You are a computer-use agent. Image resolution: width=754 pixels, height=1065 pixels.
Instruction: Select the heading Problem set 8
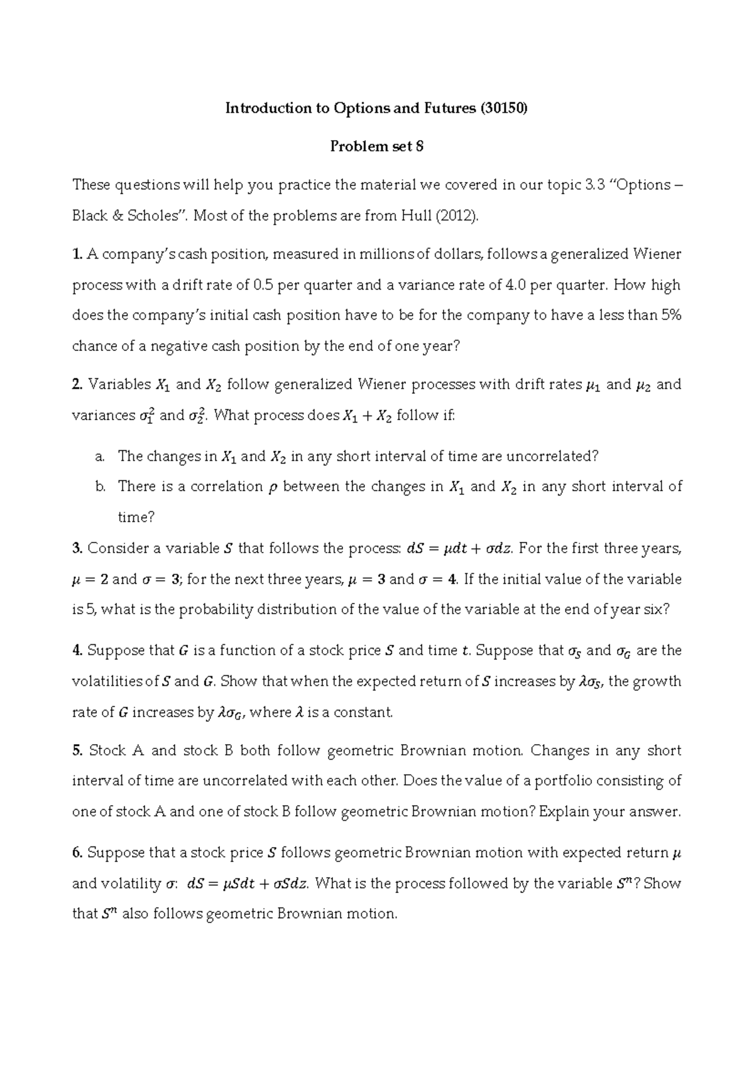[x=377, y=146]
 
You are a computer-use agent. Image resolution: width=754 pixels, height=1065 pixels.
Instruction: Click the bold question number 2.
[x=78, y=384]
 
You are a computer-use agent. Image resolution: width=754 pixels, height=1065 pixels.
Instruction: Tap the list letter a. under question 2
[x=99, y=457]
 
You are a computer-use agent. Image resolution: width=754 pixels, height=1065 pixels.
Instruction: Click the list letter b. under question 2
[x=100, y=487]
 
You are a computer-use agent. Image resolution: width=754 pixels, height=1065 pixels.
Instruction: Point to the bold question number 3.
[x=78, y=549]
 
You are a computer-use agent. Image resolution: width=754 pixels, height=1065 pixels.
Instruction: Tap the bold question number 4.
[x=78, y=651]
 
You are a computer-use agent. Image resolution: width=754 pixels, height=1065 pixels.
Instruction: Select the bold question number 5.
[x=78, y=751]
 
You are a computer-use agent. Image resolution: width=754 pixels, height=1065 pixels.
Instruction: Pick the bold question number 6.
[x=78, y=853]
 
